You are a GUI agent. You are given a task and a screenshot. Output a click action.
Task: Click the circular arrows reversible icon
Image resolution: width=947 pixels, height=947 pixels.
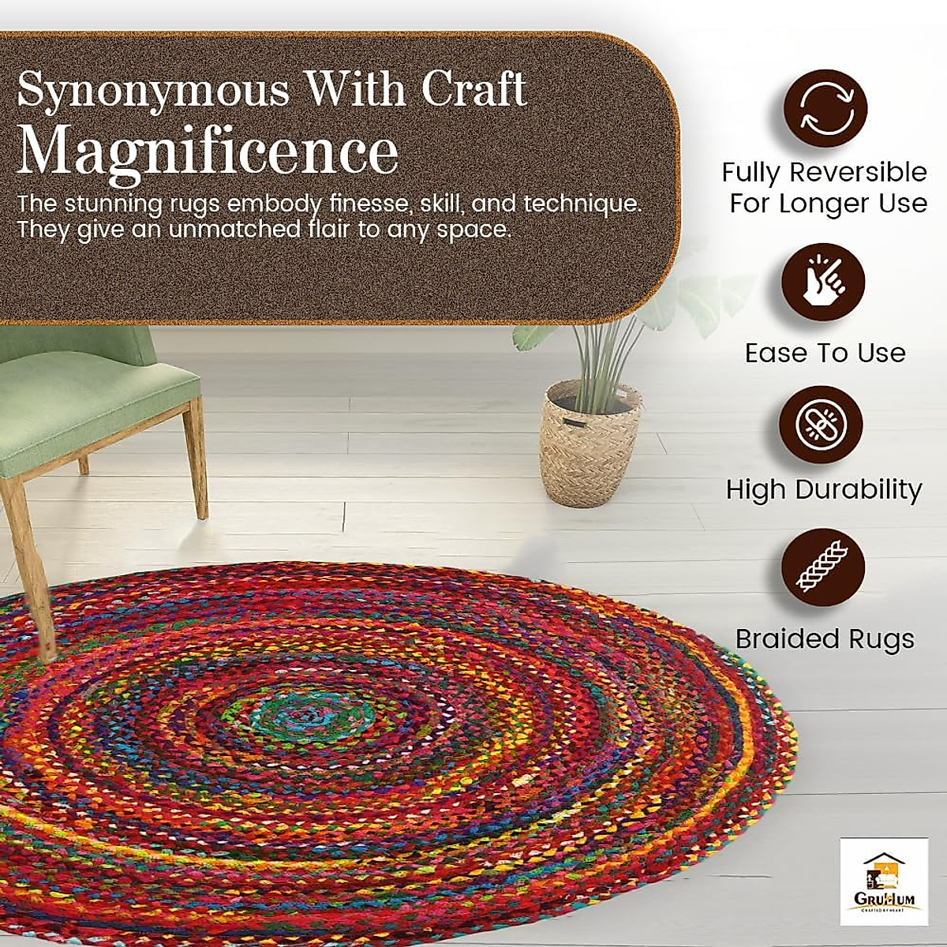tap(824, 109)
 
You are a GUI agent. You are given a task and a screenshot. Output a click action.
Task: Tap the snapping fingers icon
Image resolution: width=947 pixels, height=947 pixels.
tap(822, 282)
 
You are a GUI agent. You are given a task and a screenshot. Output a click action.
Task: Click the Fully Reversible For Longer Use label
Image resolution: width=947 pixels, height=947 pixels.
tap(825, 188)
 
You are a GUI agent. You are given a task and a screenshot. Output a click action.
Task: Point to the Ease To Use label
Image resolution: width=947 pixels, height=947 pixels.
tap(825, 353)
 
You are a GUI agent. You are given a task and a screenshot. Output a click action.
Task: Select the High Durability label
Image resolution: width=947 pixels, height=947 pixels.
tap(824, 489)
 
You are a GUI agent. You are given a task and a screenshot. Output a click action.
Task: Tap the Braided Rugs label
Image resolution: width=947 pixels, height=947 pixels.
tap(825, 639)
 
